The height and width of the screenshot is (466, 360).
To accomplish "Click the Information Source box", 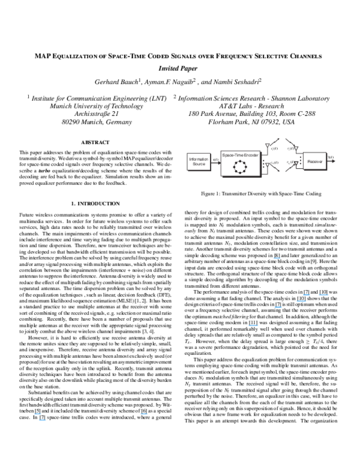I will tap(199, 162).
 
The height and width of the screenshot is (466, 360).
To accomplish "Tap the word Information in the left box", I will tap(199, 159).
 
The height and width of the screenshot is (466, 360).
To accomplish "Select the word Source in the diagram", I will tap(199, 164).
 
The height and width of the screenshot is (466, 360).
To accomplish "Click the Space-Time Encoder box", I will tap(240, 163).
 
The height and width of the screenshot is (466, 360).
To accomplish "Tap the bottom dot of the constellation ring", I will tap(240, 174).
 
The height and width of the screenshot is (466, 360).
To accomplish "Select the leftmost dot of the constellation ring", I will tap(233, 167).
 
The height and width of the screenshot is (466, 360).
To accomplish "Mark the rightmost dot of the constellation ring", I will tap(247, 167).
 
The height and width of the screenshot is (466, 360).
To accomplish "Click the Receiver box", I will tap(314, 161).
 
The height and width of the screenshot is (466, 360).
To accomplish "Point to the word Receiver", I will tap(314, 161).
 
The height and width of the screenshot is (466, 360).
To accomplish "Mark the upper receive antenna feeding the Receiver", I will tap(294, 145).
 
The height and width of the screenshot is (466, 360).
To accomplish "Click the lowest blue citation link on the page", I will tap(42, 420).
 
